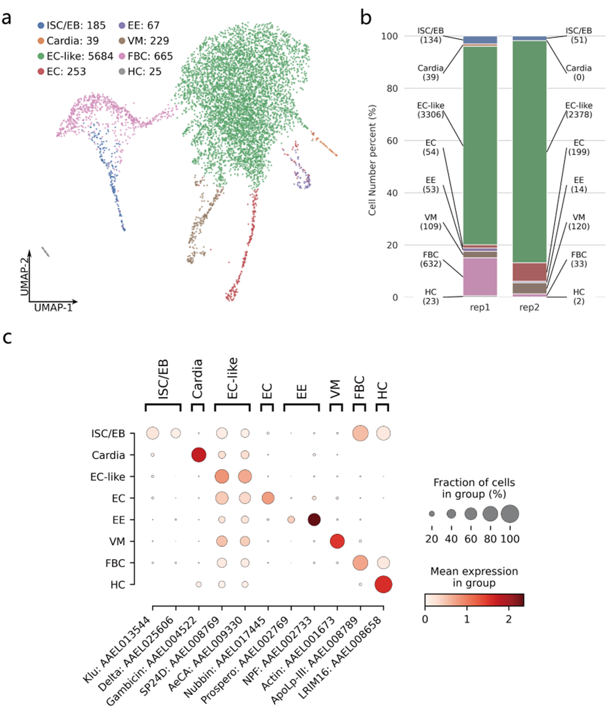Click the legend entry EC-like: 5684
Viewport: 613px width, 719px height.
pyautogui.click(x=76, y=56)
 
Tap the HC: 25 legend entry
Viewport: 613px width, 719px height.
pyautogui.click(x=140, y=71)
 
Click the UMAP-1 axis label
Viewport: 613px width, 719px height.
pyautogui.click(x=53, y=307)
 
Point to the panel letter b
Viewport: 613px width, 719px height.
pyautogui.click(x=365, y=18)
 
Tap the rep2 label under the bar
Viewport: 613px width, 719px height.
pyautogui.click(x=529, y=308)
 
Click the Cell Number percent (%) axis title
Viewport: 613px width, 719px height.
pyautogui.click(x=372, y=160)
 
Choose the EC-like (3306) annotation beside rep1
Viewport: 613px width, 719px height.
pyautogui.click(x=431, y=110)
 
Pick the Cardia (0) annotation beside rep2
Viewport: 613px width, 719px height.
pyautogui.click(x=579, y=72)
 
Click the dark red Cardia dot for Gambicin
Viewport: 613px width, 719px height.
pyautogui.click(x=199, y=455)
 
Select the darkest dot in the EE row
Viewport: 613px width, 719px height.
pyautogui.click(x=314, y=520)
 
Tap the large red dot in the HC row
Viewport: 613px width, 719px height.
pyautogui.click(x=383, y=584)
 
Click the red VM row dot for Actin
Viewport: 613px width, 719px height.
pyautogui.click(x=337, y=541)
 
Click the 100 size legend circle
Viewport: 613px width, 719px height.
pyautogui.click(x=510, y=514)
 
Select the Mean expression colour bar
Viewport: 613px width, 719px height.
pyautogui.click(x=474, y=600)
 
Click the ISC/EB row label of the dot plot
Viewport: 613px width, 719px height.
pyautogui.click(x=108, y=433)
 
